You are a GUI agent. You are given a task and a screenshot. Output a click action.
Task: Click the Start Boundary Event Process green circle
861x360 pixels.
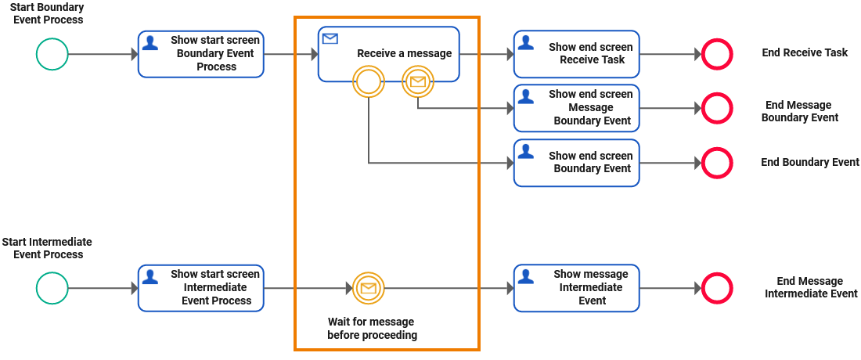pos(52,54)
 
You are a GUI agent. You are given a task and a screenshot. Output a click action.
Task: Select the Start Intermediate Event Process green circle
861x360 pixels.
pos(52,288)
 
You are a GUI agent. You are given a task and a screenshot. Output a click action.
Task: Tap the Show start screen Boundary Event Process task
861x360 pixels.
pos(201,54)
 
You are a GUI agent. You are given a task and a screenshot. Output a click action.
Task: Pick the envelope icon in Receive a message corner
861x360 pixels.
pos(330,38)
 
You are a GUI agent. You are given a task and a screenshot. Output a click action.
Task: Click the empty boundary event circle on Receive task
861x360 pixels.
pos(369,81)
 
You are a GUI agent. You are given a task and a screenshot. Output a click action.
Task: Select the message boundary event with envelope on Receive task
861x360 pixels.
pos(418,81)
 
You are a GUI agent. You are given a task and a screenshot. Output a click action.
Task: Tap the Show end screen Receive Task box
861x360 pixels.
pos(577,54)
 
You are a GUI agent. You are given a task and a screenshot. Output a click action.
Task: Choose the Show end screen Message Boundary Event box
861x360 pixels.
pos(577,108)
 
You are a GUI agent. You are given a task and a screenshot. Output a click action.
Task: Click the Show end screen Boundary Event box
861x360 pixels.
pos(577,163)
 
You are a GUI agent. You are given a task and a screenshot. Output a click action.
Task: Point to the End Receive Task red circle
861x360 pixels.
pos(716,54)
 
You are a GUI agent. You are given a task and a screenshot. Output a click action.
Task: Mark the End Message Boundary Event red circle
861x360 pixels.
pos(716,108)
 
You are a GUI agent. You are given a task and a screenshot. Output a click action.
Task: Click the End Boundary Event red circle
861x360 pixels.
pos(716,163)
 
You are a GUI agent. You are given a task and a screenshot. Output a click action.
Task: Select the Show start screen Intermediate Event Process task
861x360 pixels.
pos(201,288)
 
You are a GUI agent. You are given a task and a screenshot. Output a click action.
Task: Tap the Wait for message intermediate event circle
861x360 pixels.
pos(368,288)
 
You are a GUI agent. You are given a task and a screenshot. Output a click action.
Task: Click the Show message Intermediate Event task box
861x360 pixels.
pos(577,288)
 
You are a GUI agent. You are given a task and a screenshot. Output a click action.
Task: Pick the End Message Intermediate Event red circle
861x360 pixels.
pos(716,288)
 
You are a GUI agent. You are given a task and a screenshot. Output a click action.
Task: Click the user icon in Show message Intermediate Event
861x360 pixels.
pos(527,276)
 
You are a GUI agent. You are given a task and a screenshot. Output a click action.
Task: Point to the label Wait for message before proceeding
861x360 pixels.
pos(372,329)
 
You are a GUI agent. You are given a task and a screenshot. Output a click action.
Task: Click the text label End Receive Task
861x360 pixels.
pos(805,53)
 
